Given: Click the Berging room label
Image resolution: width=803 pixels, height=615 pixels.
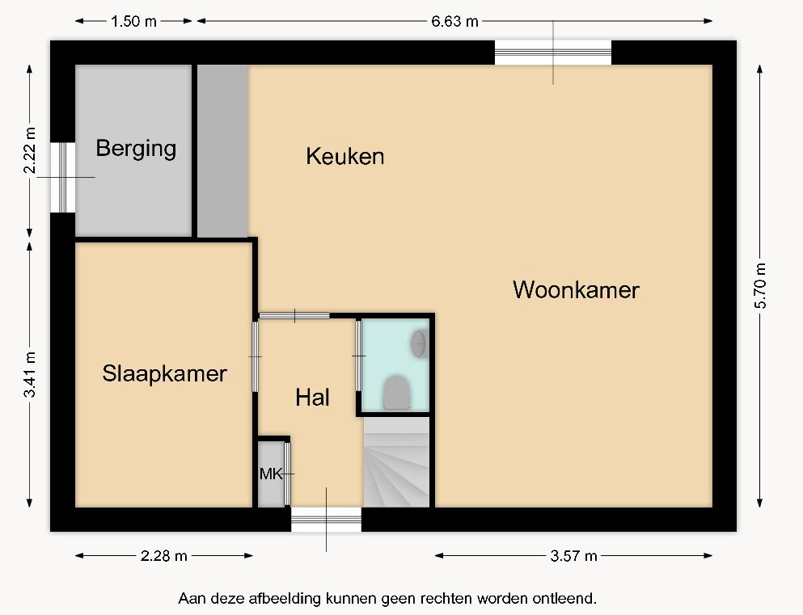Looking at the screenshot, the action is click(136, 149).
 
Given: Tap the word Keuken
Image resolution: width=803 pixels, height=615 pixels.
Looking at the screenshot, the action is click(345, 156).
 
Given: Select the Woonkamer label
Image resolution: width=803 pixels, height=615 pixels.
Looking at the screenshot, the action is click(576, 290).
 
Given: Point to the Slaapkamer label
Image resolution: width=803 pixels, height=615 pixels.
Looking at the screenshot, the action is click(164, 374).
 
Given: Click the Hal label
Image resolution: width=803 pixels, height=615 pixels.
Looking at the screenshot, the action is click(312, 398).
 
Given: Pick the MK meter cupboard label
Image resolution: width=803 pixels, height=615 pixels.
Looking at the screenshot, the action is click(270, 474).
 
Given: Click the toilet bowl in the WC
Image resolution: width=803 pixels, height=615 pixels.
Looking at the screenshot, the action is click(397, 393).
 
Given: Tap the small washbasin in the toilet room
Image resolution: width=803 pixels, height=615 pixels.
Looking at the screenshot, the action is click(418, 343).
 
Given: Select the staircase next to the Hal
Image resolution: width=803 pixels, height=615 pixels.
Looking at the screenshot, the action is click(396, 462).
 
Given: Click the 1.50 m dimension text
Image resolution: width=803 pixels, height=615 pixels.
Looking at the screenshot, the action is click(133, 22).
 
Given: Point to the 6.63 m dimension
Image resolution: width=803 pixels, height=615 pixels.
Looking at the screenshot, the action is click(454, 22).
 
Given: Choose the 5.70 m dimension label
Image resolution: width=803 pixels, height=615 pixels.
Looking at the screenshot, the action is click(760, 285).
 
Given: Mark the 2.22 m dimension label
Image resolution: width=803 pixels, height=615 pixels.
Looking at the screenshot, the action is click(30, 151).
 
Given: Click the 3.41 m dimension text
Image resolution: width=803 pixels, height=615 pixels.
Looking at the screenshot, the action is click(30, 374).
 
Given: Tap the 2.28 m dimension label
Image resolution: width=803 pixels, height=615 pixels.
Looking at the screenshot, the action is click(164, 556).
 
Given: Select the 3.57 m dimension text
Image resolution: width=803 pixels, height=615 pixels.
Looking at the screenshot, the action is click(573, 556).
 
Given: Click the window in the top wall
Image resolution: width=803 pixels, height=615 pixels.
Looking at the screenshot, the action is click(553, 53).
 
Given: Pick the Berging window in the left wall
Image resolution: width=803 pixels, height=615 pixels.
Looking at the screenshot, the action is click(63, 177).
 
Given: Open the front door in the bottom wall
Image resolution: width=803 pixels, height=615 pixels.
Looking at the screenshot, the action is click(326, 520).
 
